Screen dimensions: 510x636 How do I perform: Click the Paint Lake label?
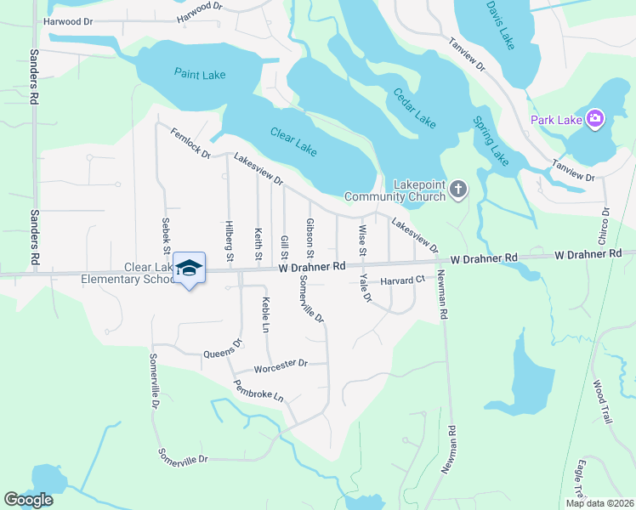(200, 75)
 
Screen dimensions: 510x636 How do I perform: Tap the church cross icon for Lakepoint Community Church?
(457, 189)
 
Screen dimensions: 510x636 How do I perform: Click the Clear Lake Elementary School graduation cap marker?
(189, 267)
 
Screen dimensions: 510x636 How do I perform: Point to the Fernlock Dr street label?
(190, 141)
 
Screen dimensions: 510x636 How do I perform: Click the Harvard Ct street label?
(402, 280)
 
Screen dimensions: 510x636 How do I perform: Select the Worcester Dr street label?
(280, 366)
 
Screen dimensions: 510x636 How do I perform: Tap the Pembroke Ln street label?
(260, 390)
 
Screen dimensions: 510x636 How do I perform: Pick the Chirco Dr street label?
(606, 223)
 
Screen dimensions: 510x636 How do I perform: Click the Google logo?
(28, 500)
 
